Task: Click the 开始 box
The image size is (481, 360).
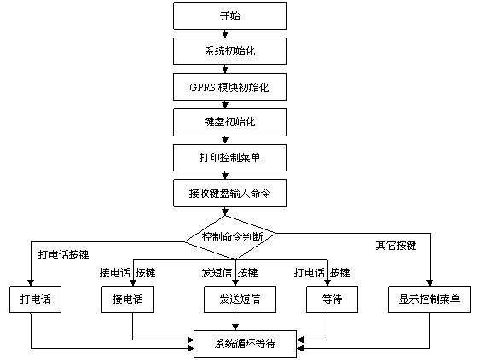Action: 229,16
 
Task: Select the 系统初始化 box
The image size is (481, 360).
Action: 229,51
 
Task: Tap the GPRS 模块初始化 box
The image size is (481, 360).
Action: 229,87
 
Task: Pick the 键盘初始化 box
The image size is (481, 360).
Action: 229,122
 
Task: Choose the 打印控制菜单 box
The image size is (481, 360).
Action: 229,158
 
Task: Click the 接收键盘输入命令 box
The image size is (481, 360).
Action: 229,193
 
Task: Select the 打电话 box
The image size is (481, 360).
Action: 36,299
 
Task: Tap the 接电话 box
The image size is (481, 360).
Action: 127,299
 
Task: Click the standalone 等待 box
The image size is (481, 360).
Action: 332,299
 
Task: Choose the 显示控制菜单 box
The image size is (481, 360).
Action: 429,299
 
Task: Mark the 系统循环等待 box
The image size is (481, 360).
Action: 245,344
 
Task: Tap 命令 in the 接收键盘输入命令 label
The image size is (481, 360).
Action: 260,193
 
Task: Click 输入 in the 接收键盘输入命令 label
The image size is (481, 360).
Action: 240,193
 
